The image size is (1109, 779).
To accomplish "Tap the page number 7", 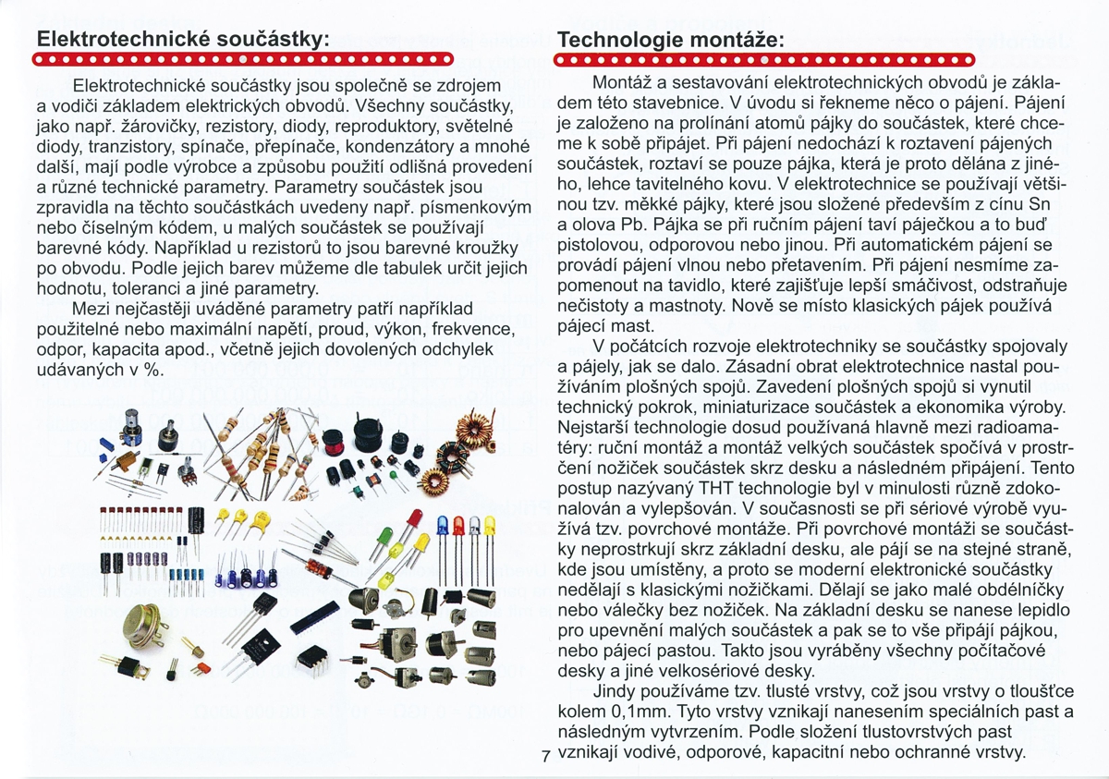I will click(546, 756).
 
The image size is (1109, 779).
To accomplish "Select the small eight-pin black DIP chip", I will click(313, 659).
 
